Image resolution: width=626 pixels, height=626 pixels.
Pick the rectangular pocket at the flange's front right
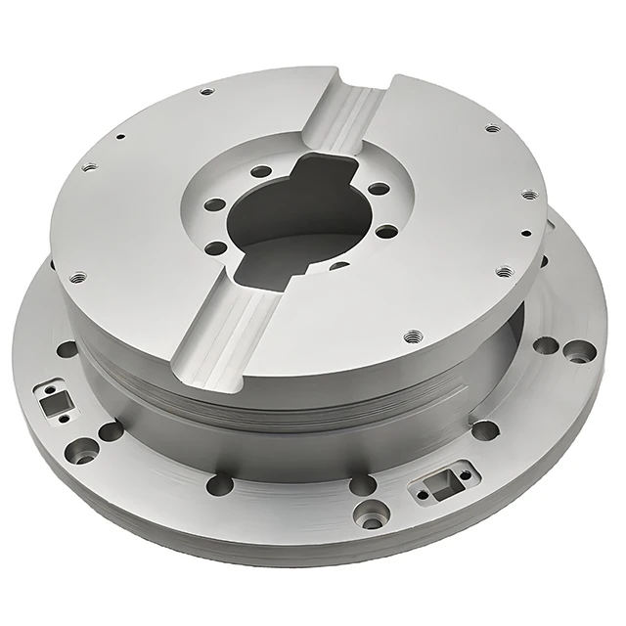(x=443, y=481)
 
